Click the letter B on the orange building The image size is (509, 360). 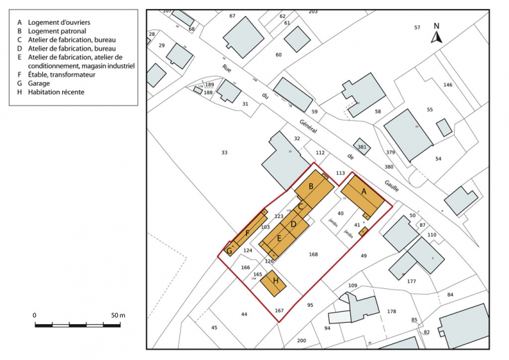(x=312, y=186)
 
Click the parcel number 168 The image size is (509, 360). (x=313, y=254)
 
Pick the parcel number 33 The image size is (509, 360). (x=224, y=152)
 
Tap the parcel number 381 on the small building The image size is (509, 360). (x=361, y=147)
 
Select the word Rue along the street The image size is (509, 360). (x=225, y=68)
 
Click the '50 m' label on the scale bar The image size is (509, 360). (x=117, y=315)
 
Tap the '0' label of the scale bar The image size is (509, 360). (x=34, y=315)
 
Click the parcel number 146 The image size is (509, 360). (x=448, y=85)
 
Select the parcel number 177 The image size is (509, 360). (x=412, y=281)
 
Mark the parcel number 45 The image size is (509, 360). (x=214, y=327)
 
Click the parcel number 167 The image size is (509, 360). (x=279, y=310)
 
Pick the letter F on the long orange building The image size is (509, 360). (x=246, y=233)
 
